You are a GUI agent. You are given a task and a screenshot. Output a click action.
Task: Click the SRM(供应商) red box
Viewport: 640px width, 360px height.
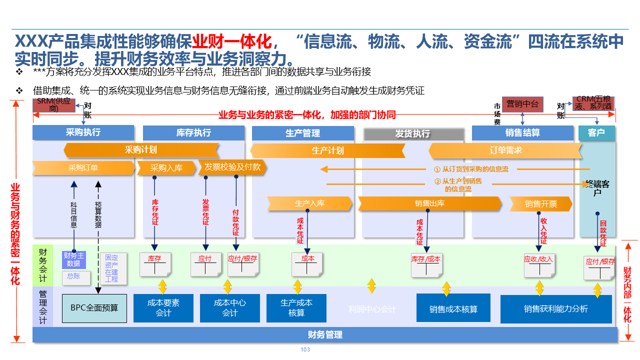[54, 105]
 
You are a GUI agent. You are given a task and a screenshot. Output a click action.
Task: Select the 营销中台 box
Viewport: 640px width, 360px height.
[522, 104]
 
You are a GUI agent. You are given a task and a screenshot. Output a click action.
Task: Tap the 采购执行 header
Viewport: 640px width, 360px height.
[83, 132]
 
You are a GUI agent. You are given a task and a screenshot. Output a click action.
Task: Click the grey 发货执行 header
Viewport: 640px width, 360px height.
[413, 134]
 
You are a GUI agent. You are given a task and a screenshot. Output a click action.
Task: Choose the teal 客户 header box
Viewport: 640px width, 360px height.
[596, 133]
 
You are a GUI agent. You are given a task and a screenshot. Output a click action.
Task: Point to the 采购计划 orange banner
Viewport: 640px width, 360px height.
[141, 150]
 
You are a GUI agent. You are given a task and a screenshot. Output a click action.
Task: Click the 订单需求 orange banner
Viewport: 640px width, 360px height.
[505, 150]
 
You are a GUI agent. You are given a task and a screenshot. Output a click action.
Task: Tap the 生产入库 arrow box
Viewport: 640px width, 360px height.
[309, 203]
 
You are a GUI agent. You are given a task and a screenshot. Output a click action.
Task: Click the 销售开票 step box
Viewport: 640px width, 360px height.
[540, 204]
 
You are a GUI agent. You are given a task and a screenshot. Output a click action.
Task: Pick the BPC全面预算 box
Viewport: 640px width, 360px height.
[94, 308]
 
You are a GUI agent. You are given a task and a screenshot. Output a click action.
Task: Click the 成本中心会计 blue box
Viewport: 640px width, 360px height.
[230, 308]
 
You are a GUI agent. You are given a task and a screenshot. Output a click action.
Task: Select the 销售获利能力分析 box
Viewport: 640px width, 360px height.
[556, 309]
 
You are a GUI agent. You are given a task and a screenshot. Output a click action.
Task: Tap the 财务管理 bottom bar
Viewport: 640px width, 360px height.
[325, 335]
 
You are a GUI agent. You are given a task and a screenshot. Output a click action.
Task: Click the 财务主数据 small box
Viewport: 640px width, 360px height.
[73, 259]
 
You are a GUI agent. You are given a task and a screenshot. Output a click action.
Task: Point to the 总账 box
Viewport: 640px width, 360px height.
[74, 276]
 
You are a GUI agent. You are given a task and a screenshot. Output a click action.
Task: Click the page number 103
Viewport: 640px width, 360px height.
[305, 349]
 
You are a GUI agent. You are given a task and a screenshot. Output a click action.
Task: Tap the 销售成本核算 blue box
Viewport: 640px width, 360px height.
[453, 309]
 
